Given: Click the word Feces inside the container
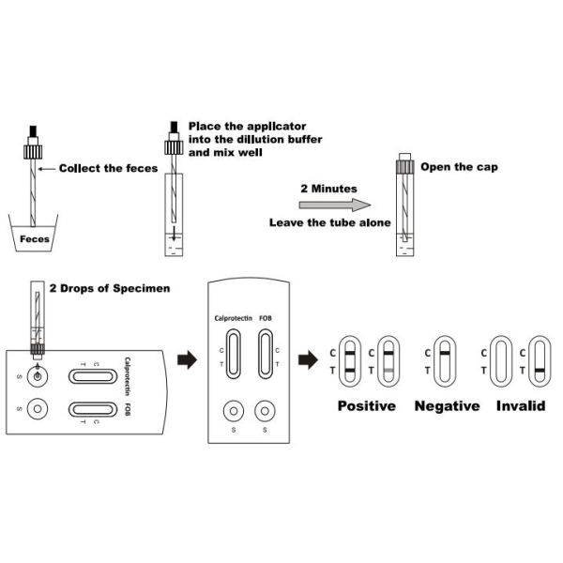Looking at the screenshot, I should pyautogui.click(x=35, y=237).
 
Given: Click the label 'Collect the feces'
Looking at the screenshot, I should pyautogui.click(x=108, y=169).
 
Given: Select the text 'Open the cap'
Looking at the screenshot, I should pyautogui.click(x=458, y=167).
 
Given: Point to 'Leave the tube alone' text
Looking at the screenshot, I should pyautogui.click(x=318, y=223).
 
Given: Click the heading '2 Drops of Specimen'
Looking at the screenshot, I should pyautogui.click(x=110, y=287).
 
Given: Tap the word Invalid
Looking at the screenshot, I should pyautogui.click(x=522, y=406).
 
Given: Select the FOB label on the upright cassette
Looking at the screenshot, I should pyautogui.click(x=266, y=318).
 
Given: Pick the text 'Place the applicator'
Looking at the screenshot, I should pyautogui.click(x=247, y=126).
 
